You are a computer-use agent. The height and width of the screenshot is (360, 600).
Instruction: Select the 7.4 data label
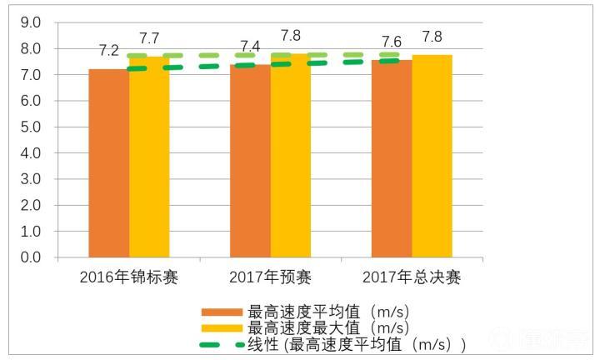pyautogui.click(x=250, y=45)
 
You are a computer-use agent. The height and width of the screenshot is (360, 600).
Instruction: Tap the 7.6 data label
pyautogui.click(x=392, y=42)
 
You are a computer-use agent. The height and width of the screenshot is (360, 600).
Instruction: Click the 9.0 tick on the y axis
pyautogui.click(x=31, y=23)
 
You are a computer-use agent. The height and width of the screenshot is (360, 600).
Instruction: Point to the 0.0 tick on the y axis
pyautogui.click(x=31, y=257)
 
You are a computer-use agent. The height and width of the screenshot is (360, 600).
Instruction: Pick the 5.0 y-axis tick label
pyautogui.click(x=31, y=127)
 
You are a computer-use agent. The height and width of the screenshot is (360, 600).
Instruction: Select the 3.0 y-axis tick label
pyautogui.click(x=31, y=179)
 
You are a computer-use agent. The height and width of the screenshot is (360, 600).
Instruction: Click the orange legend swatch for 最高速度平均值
pyautogui.click(x=222, y=312)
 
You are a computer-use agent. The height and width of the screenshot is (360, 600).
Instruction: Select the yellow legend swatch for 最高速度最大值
pyautogui.click(x=222, y=328)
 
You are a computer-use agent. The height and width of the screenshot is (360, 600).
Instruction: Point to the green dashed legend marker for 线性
pyautogui.click(x=222, y=344)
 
